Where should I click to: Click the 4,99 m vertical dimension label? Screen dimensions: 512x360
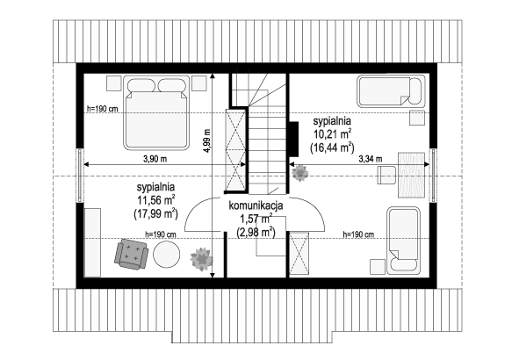(207, 140)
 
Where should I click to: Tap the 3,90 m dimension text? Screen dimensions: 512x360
(155, 159)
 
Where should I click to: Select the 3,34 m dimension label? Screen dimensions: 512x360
(371, 159)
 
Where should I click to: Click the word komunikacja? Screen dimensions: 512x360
(256, 205)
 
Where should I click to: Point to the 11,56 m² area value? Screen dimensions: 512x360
(156, 200)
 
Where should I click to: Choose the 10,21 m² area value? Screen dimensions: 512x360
(332, 133)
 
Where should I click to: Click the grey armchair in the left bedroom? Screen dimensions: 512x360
(131, 254)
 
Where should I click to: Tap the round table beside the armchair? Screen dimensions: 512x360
(167, 255)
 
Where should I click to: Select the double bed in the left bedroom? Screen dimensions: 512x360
(156, 112)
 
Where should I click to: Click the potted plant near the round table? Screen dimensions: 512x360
(201, 259)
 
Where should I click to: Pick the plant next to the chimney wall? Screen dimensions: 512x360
(300, 173)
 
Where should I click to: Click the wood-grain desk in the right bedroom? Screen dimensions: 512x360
(411, 176)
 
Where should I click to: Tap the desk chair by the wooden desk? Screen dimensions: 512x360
(386, 175)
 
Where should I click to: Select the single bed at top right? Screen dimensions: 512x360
(391, 91)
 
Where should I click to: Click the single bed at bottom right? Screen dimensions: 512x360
(403, 240)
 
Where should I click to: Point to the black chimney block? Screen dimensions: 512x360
(294, 139)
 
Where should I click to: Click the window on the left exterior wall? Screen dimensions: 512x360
(80, 176)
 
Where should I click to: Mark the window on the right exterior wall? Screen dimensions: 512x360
(433, 176)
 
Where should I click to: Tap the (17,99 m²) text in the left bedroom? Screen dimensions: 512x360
(155, 214)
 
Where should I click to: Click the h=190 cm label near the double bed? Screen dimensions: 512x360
(103, 109)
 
